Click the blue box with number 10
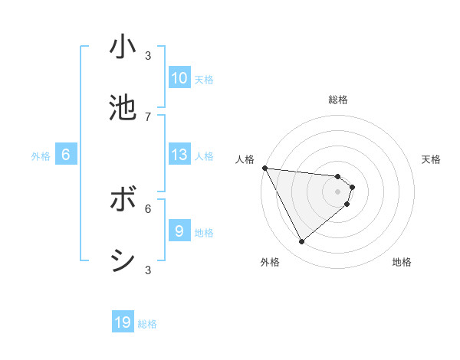(179, 78)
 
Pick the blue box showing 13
(179, 155)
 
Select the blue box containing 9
(179, 231)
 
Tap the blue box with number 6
(65, 155)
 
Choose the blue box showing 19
(123, 322)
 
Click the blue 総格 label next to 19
(147, 324)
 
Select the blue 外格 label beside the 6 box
(41, 156)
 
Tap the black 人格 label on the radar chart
(245, 159)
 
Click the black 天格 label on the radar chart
(432, 159)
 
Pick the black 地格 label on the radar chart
(402, 262)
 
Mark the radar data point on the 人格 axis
(264, 168)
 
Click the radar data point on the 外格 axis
(301, 242)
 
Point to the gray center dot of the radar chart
(337, 191)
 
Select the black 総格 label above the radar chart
(338, 100)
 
